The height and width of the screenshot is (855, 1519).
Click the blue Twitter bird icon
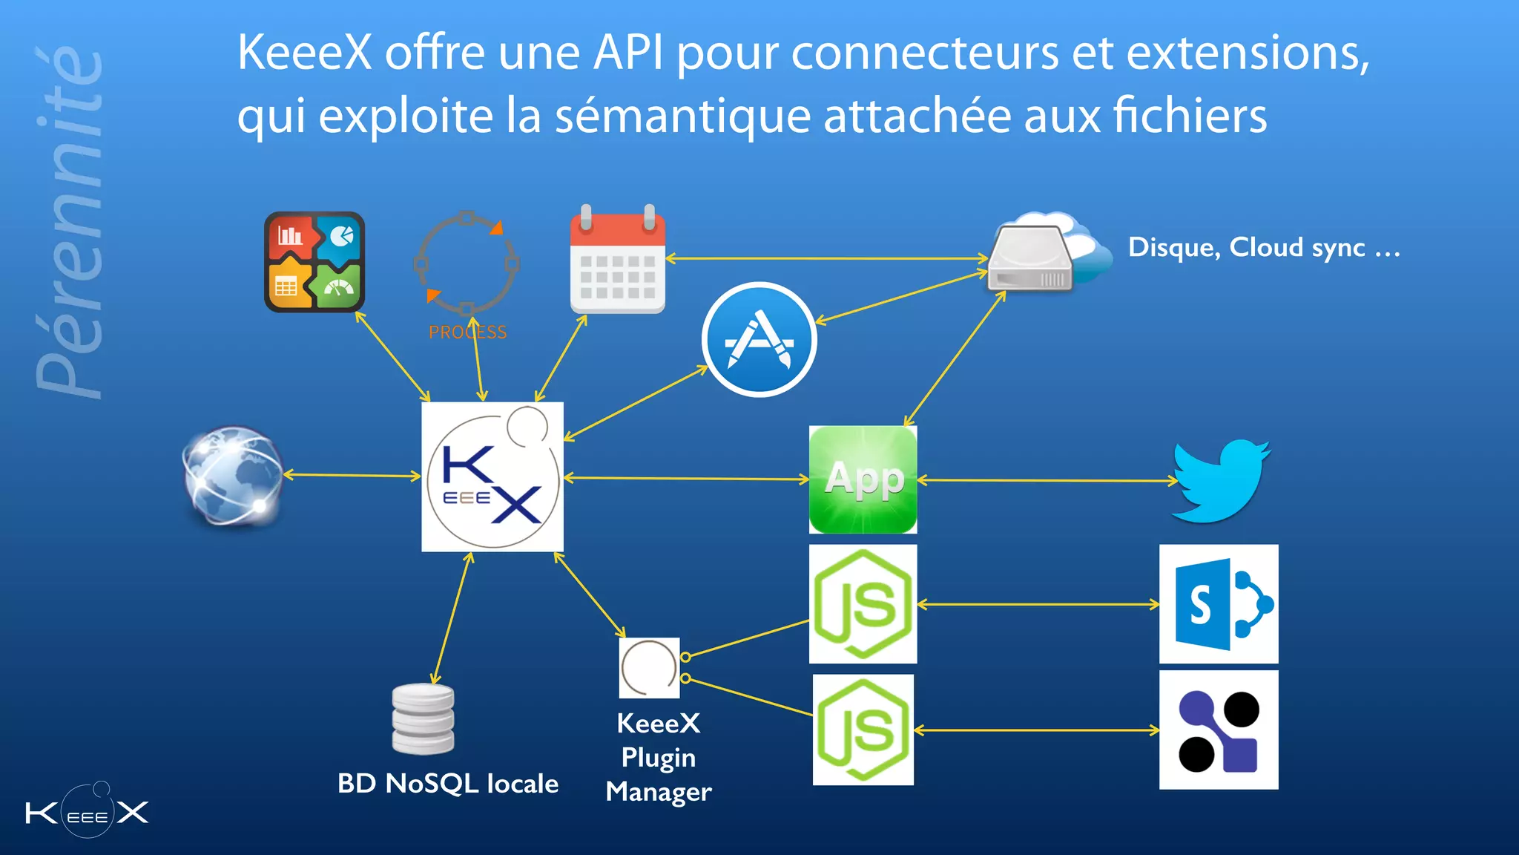click(1220, 481)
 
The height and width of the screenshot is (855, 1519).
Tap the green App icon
click(863, 479)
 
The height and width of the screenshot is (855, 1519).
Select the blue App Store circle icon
click(759, 340)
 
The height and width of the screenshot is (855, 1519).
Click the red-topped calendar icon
click(617, 260)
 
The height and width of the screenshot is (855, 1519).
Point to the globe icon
click(233, 475)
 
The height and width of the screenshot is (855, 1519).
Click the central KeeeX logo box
click(492, 476)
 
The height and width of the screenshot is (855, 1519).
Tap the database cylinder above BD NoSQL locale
click(423, 718)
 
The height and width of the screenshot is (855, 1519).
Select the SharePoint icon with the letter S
click(1219, 604)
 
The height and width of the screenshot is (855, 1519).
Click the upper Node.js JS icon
click(863, 604)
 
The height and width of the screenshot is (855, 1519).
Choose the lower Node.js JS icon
click(863, 730)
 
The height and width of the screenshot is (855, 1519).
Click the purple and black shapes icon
click(1219, 730)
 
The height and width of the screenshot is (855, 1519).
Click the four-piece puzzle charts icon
click(314, 262)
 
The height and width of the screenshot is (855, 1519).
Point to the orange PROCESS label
click(467, 332)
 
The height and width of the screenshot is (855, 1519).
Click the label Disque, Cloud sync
click(1263, 247)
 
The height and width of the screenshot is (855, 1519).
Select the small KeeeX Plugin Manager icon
click(649, 667)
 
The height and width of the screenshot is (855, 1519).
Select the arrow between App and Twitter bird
click(1046, 480)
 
